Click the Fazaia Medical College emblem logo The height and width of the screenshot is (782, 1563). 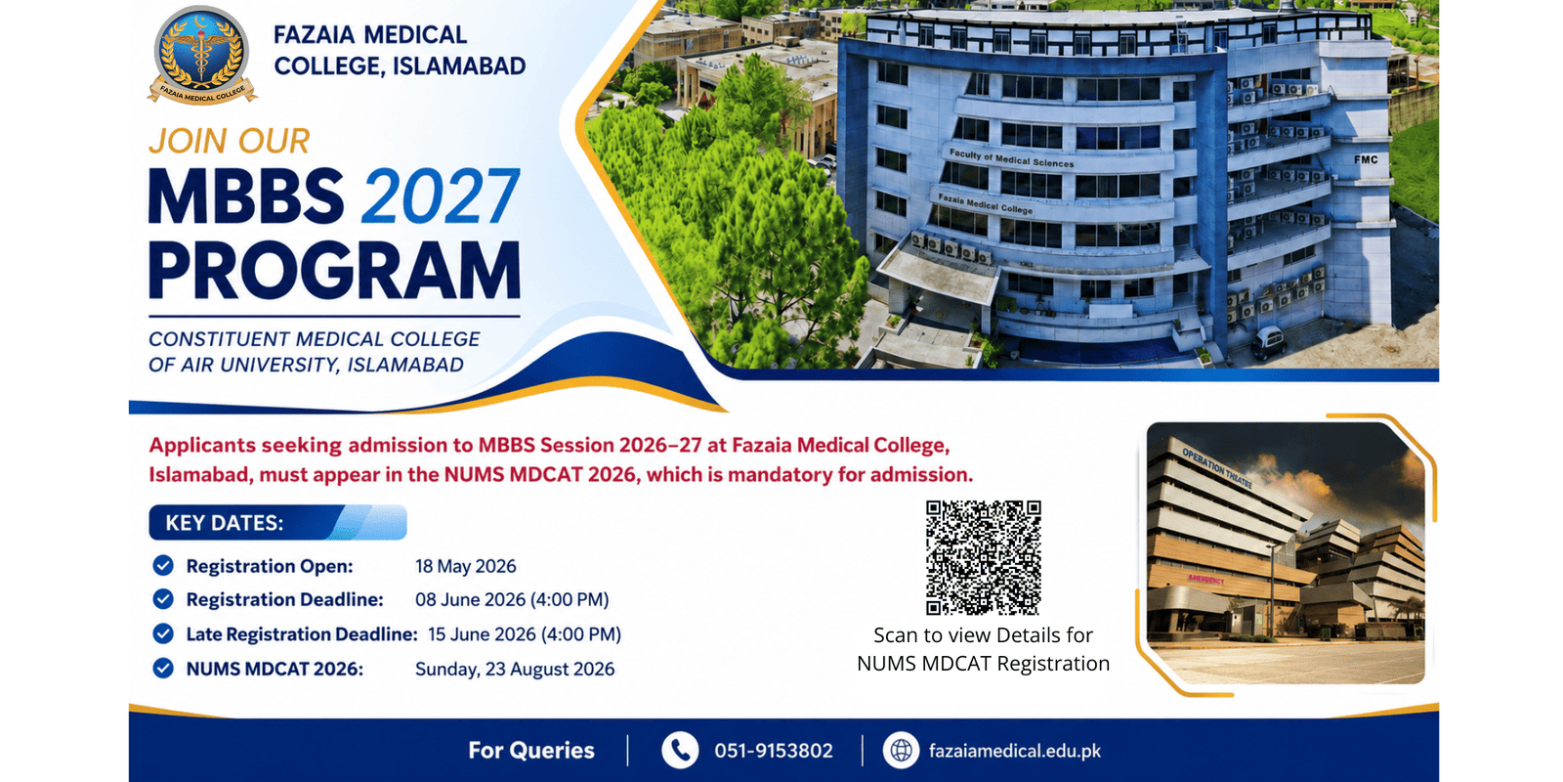click(201, 55)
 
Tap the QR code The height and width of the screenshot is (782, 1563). click(983, 557)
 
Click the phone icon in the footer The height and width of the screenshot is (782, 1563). click(680, 751)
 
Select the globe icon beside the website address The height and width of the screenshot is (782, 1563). click(901, 751)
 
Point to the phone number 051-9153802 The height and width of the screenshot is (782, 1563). click(773, 751)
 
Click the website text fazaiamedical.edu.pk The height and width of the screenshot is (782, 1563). click(1015, 752)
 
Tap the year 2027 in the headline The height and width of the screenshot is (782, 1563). click(441, 196)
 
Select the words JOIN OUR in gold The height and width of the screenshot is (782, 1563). click(229, 141)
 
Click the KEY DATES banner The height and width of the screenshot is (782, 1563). click(277, 522)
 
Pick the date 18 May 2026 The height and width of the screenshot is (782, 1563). click(465, 566)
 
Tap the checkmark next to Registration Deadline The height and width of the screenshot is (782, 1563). click(163, 599)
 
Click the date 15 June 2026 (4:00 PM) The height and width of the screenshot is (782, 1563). click(524, 634)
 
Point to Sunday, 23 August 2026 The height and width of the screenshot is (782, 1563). click(515, 669)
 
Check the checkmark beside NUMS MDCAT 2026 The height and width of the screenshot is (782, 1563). click(163, 669)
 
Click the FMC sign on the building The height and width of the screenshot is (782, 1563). click(1366, 160)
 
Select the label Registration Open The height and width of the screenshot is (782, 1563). click(270, 566)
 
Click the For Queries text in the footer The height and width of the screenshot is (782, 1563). click(531, 751)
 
